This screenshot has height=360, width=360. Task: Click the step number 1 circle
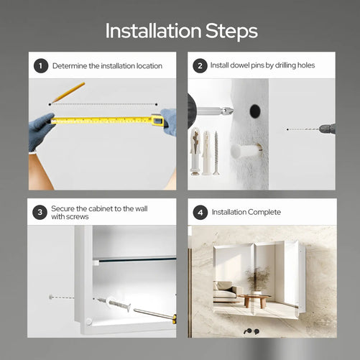pos(41,65)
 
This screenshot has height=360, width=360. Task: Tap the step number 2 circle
pos(200,65)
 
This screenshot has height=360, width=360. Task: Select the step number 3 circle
pos(40,212)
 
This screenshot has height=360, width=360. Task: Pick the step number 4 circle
pos(200,213)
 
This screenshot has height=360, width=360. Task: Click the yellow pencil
pos(68,93)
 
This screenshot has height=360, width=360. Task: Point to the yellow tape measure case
pos(158,120)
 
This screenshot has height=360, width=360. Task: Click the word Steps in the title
pos(231,32)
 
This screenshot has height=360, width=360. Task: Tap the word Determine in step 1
pos(70,66)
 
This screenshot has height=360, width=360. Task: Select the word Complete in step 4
pos(264,212)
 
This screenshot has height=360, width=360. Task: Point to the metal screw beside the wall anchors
pos(216,153)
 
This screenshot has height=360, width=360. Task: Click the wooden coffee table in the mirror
pos(254,300)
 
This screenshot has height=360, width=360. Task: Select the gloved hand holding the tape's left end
pos(40,131)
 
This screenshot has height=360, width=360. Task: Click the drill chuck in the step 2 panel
pos(328,129)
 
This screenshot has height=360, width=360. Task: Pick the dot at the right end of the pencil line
pos(157,104)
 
